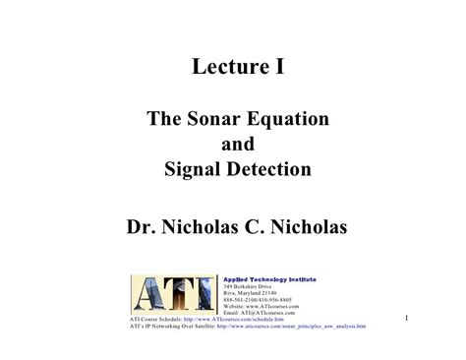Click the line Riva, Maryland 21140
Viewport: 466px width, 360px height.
pyautogui.click(x=251, y=293)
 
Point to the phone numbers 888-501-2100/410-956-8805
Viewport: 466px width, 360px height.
pyautogui.click(x=257, y=300)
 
